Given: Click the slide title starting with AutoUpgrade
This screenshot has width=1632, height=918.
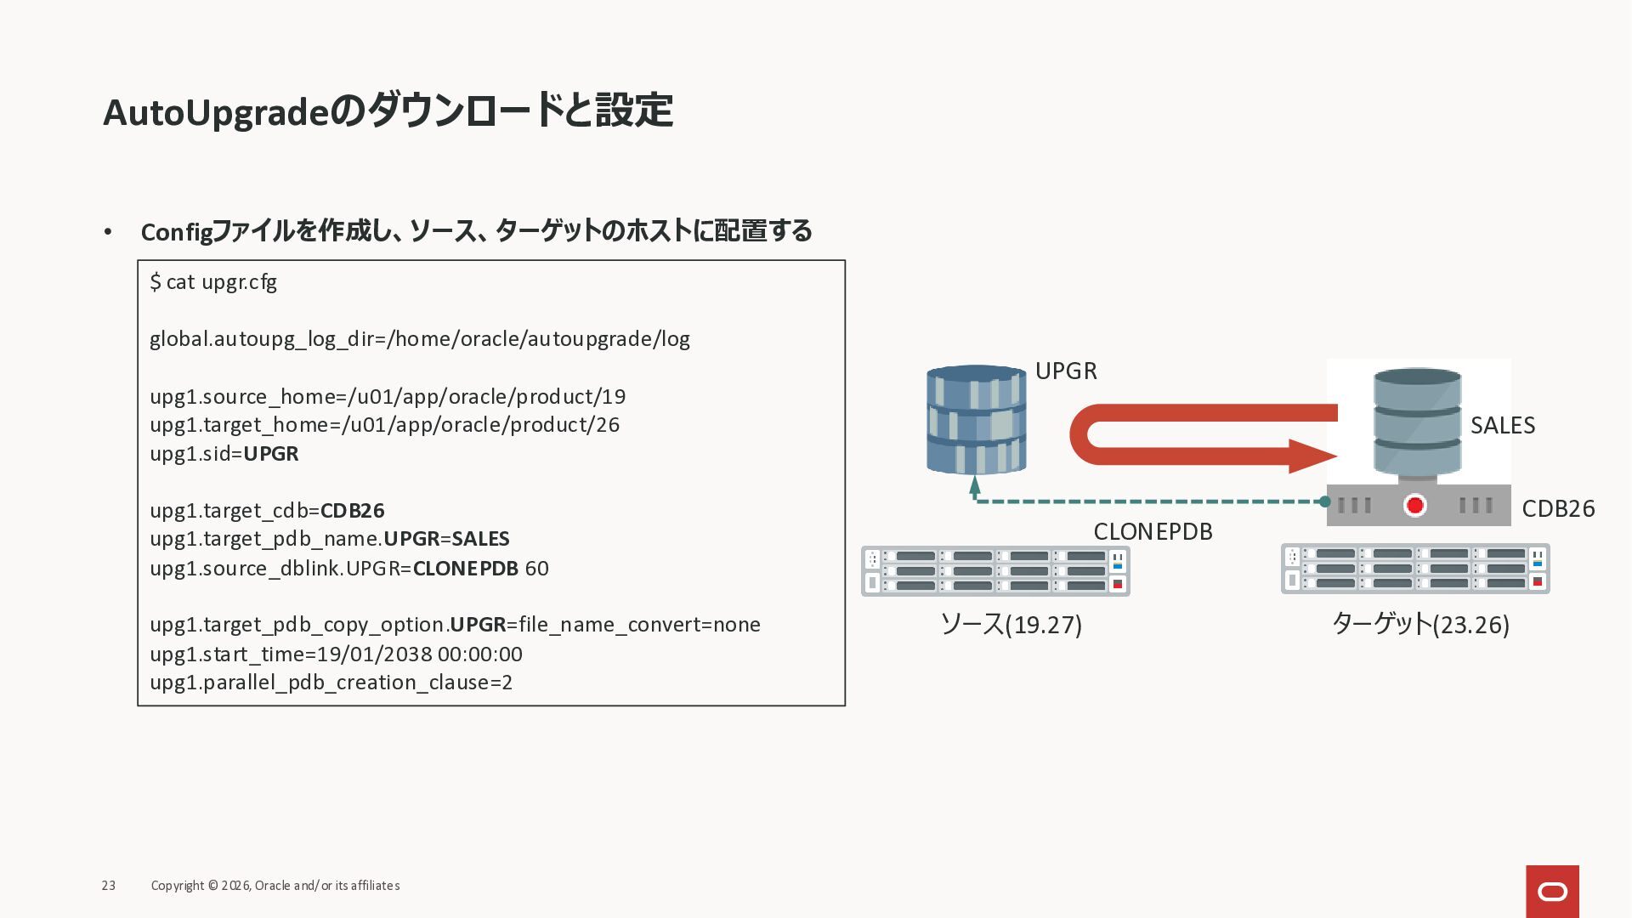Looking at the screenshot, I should pos(388,111).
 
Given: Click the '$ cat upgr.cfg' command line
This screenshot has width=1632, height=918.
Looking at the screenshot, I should pos(213,282).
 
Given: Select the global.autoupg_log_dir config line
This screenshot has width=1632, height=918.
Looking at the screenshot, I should pos(419,339).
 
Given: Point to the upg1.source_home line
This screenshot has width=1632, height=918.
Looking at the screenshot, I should pos(388,397).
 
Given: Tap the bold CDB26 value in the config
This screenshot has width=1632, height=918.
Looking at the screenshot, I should pos(352,511).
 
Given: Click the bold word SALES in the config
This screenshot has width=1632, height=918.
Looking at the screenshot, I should pos(480,539).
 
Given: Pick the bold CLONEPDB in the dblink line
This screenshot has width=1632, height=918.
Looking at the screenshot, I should pos(465,569).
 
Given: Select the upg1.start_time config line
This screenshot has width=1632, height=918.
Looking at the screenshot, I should pos(336,654).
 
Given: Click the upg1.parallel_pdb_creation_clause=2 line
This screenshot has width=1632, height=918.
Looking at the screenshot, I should pos(331,683).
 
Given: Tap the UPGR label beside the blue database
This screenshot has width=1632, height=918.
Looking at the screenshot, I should pos(1066,371).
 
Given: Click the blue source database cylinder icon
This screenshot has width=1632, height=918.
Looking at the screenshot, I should pos(976,420).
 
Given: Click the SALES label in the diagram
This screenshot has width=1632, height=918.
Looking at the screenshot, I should pos(1502,426).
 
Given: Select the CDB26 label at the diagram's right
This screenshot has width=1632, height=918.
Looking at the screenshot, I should pos(1557,508).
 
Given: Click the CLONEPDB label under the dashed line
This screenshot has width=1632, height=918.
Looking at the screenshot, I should pos(1153,532).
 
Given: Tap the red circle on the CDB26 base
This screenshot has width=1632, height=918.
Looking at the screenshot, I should pos(1414,506).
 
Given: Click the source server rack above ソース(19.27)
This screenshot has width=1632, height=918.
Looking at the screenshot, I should pos(995,571).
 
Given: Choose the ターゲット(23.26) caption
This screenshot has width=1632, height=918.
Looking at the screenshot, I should pos(1419,625).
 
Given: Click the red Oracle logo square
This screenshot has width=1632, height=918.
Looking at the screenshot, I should pos(1552,891).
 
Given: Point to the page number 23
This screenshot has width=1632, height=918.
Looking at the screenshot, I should pos(109,886).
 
